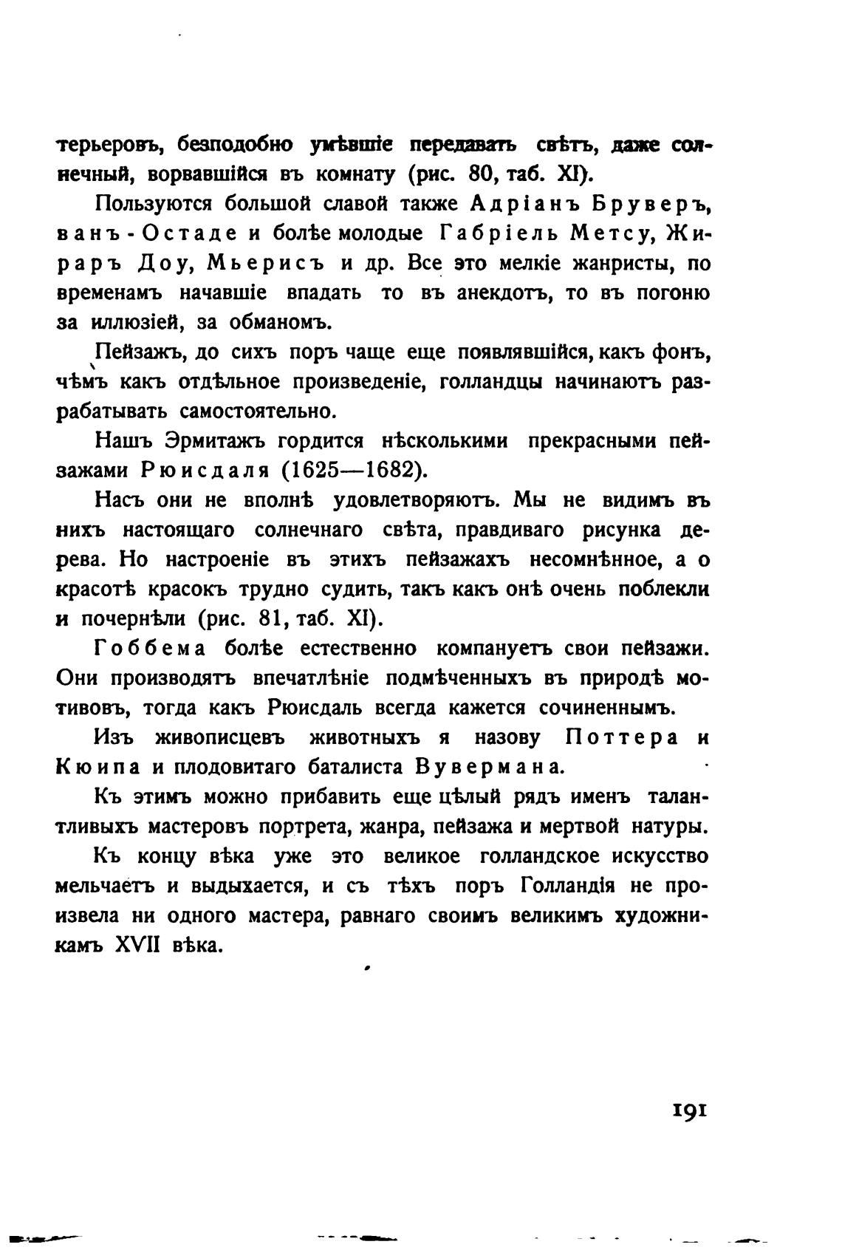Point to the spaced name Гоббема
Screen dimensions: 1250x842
pyautogui.click(x=149, y=649)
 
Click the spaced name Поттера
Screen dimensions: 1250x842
pyautogui.click(x=622, y=737)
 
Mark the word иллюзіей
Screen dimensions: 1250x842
pyautogui.click(x=135, y=323)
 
